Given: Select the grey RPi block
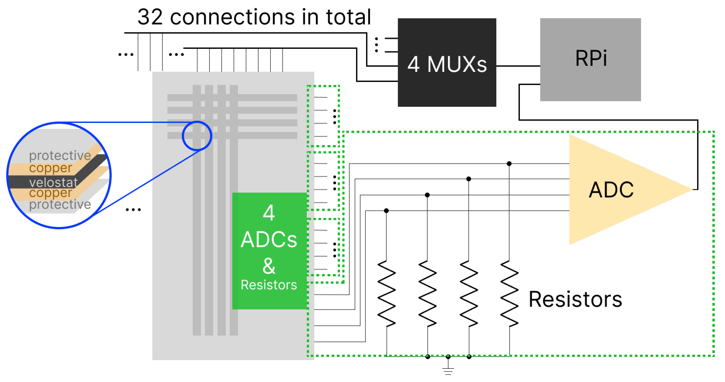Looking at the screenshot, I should tap(590, 60).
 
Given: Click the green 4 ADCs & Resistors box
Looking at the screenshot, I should tap(269, 251).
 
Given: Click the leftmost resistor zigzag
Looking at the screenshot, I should tap(386, 294).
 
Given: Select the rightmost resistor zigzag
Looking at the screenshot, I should tap(509, 294).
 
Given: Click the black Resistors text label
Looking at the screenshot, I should tap(575, 299).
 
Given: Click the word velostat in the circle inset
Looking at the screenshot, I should tap(53, 182).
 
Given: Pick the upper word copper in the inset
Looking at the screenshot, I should tap(51, 168).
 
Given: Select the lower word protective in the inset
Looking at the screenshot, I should tap(60, 204).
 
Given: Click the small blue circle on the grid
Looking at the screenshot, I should tap(197, 136).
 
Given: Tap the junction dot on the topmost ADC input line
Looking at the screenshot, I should tap(509, 163).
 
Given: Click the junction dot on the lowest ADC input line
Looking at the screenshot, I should tap(386, 211).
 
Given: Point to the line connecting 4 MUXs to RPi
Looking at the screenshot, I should tap(518, 66).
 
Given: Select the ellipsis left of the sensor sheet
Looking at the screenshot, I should tap(133, 209).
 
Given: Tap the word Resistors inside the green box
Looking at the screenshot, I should tap(269, 285).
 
